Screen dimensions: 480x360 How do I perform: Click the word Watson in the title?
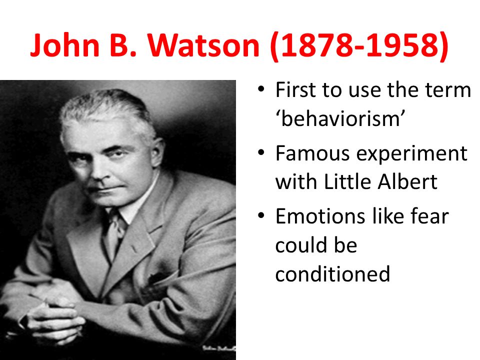click(204, 45)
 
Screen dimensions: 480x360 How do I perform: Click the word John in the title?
click(65, 45)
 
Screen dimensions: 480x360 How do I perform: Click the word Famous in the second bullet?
click(312, 153)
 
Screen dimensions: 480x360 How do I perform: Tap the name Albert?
click(407, 182)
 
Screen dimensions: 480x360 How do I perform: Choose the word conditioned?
click(332, 273)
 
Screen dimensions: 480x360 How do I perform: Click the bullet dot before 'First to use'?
click(261, 89)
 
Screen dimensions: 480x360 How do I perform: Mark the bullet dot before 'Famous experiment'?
click(261, 152)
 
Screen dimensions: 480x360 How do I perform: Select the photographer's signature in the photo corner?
click(219, 348)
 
